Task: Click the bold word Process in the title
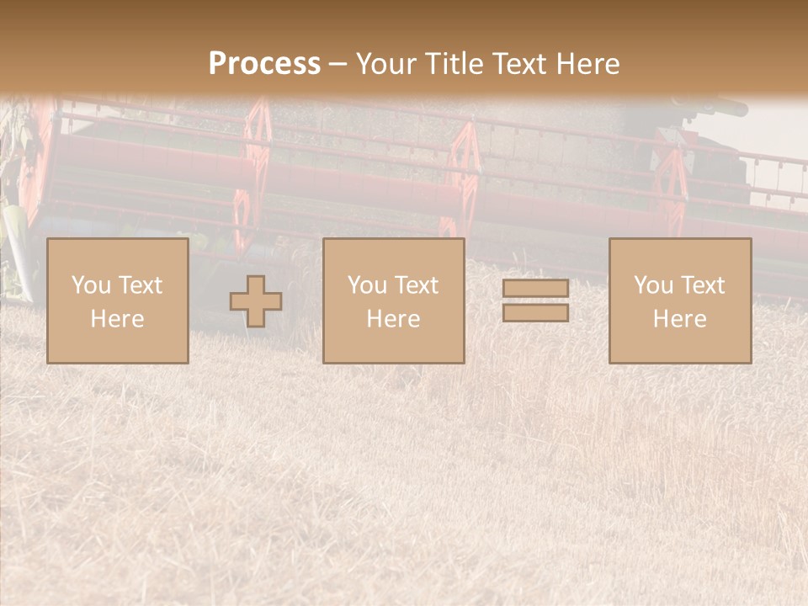point(264,64)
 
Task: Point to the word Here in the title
point(587,64)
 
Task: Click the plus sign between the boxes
point(256,301)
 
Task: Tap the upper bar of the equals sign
point(535,289)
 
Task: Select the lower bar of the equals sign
point(535,313)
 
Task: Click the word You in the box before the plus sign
point(91,285)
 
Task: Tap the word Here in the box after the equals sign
point(679,319)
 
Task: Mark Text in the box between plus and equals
point(417,285)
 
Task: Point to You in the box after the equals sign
point(653,285)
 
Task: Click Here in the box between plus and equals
point(393,319)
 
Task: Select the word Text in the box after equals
point(704,285)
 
